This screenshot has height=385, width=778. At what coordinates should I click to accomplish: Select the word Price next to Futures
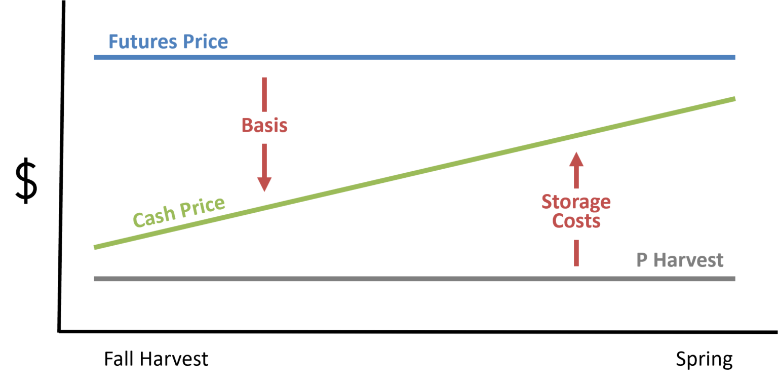pos(205,42)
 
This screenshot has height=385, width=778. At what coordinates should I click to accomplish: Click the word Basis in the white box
pos(264,126)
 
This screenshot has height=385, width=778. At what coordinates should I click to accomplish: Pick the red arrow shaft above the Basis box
pos(264,94)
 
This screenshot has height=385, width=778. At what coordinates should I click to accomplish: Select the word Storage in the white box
pos(576,202)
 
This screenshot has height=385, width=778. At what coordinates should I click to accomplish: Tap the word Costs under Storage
pos(576,221)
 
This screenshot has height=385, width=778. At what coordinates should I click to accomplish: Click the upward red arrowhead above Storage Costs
pos(576,160)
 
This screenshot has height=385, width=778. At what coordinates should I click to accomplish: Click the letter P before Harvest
pos(642,260)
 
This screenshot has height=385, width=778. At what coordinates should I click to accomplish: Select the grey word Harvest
pos(688,260)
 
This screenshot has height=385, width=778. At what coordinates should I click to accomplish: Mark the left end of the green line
pos(96,247)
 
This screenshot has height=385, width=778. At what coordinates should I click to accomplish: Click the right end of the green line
pos(733,99)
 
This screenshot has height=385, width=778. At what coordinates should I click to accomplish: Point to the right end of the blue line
pos(733,57)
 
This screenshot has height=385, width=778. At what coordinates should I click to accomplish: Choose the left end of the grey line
pos(96,279)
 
